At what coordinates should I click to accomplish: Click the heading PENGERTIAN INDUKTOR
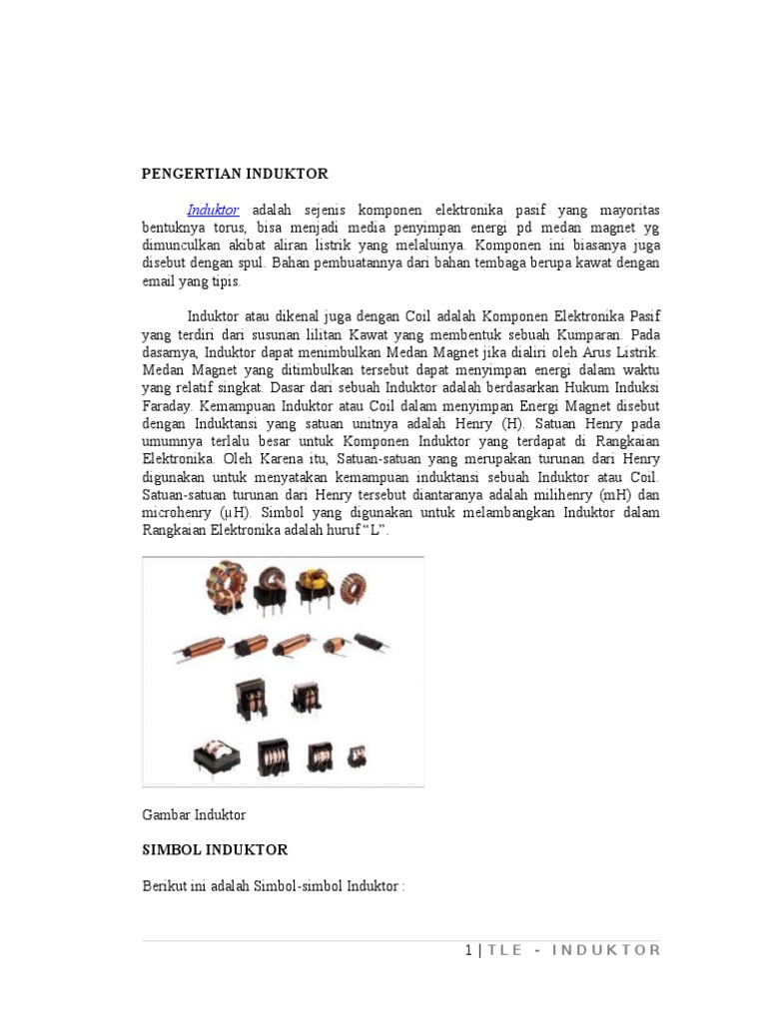[x=235, y=174]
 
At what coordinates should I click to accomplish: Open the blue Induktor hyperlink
[x=214, y=210]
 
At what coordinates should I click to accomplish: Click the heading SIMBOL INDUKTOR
[x=215, y=849]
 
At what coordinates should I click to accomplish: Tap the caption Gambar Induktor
[x=194, y=814]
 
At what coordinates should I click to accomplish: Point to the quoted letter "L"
[x=372, y=530]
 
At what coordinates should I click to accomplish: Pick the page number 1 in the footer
[x=468, y=950]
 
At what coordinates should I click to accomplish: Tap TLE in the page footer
[x=504, y=950]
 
